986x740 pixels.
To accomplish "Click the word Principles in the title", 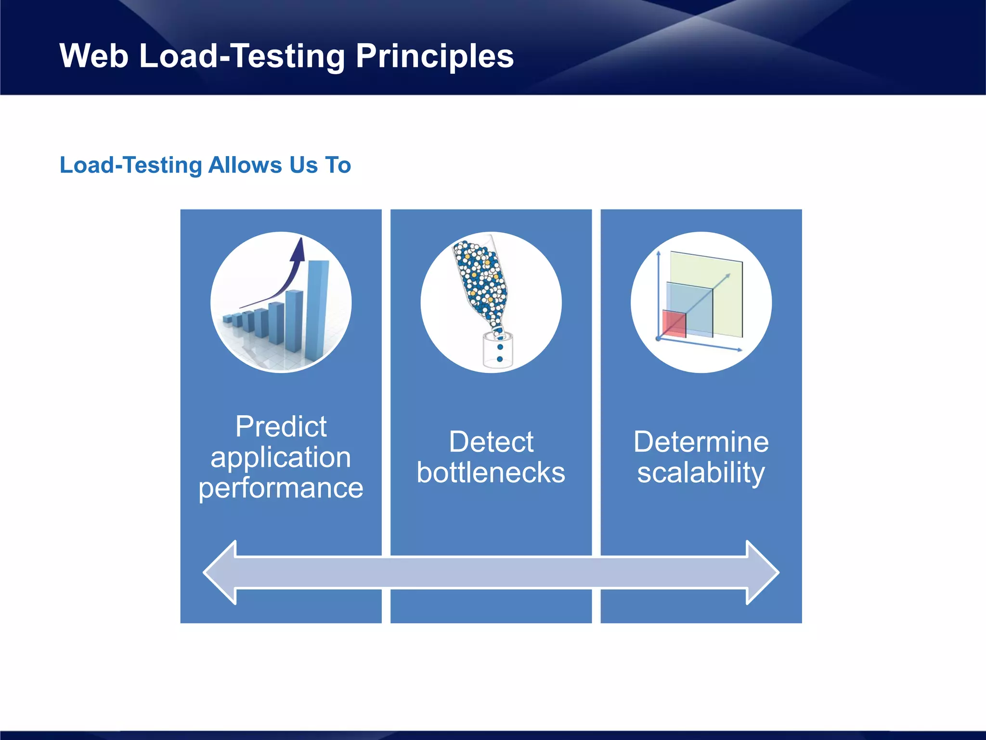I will click(434, 56).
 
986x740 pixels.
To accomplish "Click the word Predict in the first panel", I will click(281, 427).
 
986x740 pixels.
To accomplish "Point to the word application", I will click(281, 458).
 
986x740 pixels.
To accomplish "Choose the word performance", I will click(281, 488).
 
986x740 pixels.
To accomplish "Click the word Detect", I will click(491, 442).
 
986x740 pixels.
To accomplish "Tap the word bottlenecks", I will click(491, 473).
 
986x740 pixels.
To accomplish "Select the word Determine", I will click(701, 442).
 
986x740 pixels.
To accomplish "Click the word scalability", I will click(701, 473).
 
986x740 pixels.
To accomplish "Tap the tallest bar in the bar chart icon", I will click(317, 308).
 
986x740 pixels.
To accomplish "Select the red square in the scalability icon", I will click(674, 324).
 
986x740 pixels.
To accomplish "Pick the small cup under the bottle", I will click(498, 351).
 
